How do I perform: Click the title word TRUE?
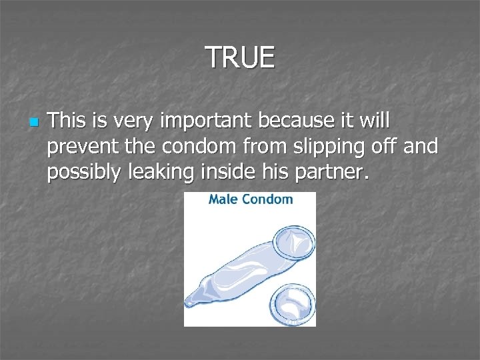coord(239,57)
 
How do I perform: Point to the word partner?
coord(334,173)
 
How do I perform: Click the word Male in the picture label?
coord(223,199)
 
